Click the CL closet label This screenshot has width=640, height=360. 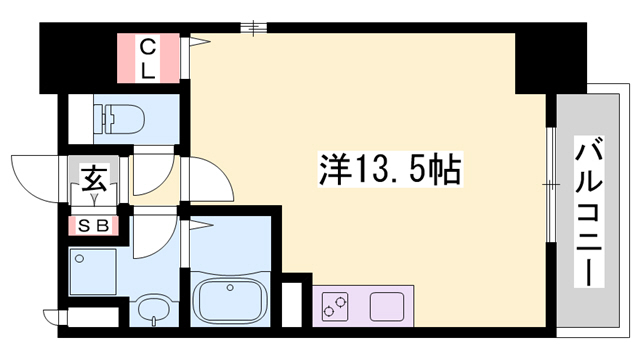click(x=147, y=57)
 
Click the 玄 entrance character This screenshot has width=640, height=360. click(x=94, y=181)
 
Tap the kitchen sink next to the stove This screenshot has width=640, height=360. click(x=388, y=305)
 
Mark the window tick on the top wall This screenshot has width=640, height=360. click(x=256, y=28)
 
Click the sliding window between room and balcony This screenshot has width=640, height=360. click(x=551, y=184)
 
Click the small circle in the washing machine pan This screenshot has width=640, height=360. click(x=79, y=257)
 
